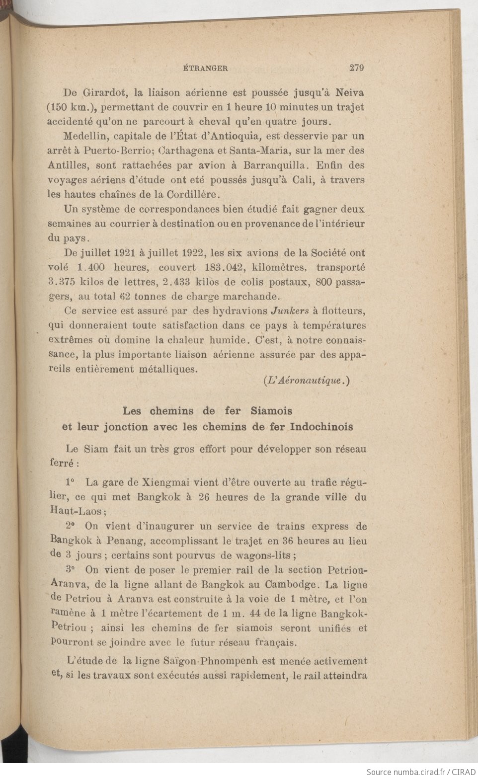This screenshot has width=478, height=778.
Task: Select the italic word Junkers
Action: point(290,311)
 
